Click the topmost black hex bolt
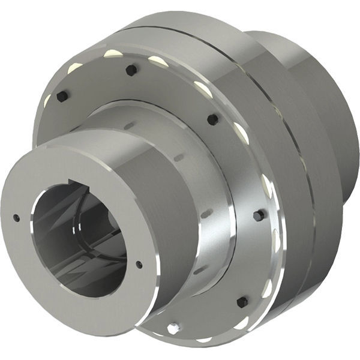(x=130, y=70)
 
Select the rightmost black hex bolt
(x=259, y=215)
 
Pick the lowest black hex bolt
(x=242, y=302)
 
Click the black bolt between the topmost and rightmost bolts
(x=212, y=119)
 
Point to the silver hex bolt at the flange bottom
(x=173, y=328)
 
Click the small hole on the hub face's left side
(x=16, y=218)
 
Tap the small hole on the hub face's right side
(x=139, y=264)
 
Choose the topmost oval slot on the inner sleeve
(x=130, y=125)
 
